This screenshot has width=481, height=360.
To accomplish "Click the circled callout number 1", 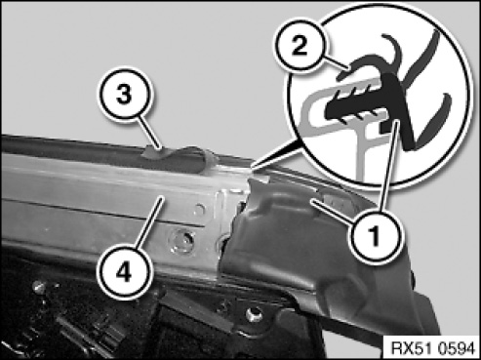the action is [x=375, y=235].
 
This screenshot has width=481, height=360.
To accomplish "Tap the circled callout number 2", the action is [x=299, y=45].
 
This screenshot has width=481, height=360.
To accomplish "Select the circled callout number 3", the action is [x=125, y=95].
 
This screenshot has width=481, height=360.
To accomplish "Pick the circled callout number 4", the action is [x=124, y=272].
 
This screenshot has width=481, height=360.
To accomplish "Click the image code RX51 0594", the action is [x=432, y=348].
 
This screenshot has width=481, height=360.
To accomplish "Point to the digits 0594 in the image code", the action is [x=457, y=348].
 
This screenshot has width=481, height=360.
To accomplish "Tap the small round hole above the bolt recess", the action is [x=200, y=208].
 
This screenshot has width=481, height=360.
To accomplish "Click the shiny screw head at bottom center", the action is [x=254, y=314].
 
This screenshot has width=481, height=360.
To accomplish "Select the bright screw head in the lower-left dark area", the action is [x=39, y=287].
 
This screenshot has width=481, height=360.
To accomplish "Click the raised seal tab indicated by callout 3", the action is [x=150, y=152].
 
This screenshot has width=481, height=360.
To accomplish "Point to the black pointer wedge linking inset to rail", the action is [x=277, y=153].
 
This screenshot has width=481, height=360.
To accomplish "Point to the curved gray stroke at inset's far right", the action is [x=436, y=119].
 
